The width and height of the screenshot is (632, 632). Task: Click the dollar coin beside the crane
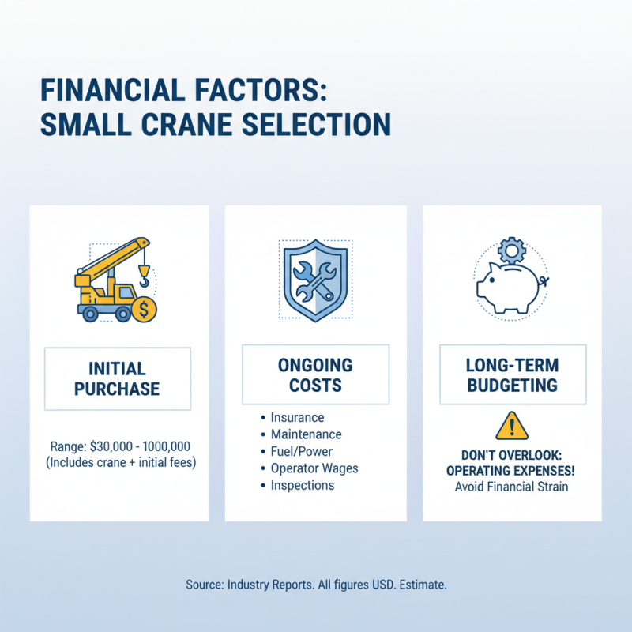pyautogui.click(x=145, y=310)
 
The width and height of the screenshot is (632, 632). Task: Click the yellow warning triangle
pyautogui.click(x=511, y=427)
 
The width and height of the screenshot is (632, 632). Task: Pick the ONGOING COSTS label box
pyautogui.click(x=315, y=376)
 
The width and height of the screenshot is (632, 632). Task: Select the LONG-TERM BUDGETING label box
pyautogui.click(x=512, y=376)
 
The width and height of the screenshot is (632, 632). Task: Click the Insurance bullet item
pyautogui.click(x=297, y=417)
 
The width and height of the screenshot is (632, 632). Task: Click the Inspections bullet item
pyautogui.click(x=302, y=485)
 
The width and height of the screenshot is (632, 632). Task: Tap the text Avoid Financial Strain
pyautogui.click(x=511, y=486)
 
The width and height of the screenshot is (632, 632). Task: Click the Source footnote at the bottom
pyautogui.click(x=316, y=585)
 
